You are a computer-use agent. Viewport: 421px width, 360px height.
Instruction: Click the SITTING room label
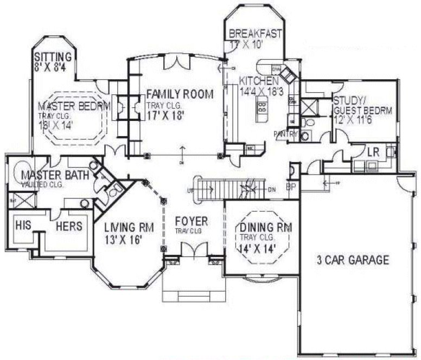53,56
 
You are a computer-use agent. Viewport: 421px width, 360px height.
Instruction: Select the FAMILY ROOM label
180,94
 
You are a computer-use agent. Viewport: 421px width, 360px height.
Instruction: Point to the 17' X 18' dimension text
170,115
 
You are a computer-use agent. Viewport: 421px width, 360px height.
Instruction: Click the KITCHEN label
259,81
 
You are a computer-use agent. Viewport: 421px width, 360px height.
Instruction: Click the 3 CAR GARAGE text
353,260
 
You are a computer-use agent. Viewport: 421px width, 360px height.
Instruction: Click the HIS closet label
22,225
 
